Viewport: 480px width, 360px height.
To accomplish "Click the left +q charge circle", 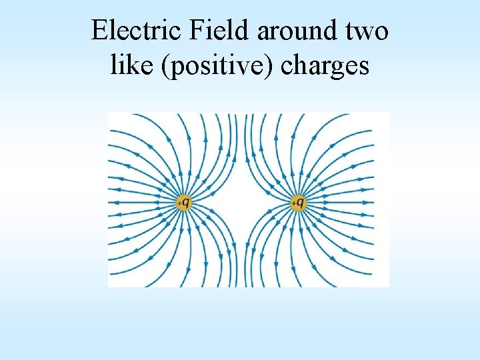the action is [183, 201].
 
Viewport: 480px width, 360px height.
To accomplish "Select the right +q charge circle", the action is [299, 201].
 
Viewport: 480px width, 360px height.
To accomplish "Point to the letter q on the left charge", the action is [185, 201].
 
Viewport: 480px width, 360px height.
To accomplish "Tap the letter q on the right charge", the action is [301, 201].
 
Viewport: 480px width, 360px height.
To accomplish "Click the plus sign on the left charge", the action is [179, 203].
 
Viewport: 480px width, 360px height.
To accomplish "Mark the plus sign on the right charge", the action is [294, 203].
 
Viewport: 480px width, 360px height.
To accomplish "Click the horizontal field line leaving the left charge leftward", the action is [143, 202].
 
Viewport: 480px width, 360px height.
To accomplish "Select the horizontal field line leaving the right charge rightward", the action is [340, 202].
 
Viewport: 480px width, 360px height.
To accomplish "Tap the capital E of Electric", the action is [99, 31].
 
